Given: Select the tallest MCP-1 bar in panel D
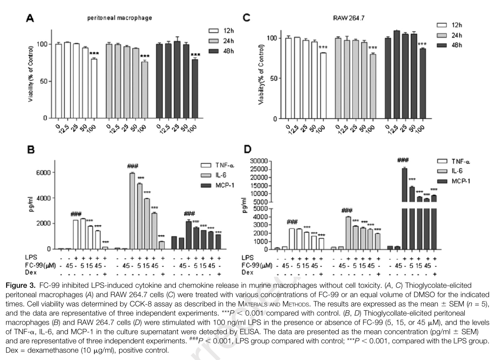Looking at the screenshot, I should point(404,208).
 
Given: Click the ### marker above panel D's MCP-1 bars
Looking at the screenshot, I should point(403,161).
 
